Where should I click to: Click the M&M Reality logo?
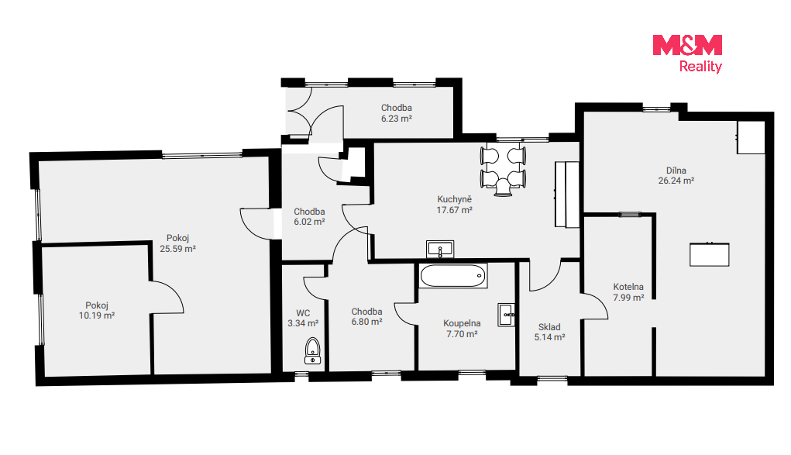tap(687, 53)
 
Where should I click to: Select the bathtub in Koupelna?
tap(453, 276)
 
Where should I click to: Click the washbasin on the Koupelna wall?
tap(507, 315)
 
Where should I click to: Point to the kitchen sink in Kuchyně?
tap(440, 250)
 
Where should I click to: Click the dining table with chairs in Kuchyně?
tap(504, 170)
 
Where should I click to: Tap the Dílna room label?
tap(676, 171)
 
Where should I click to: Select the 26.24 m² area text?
tap(676, 181)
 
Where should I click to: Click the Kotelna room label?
tap(628, 287)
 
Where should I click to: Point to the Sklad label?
tap(549, 327)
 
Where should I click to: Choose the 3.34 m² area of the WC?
tap(303, 323)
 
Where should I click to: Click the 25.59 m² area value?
tap(177, 249)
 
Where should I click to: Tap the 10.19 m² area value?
tap(97, 315)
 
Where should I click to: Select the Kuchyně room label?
tap(455, 199)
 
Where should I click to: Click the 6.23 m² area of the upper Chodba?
tap(397, 119)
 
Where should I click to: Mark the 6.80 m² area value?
tap(366, 322)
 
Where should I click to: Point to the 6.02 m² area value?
tap(309, 222)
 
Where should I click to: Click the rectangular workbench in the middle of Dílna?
tap(710, 254)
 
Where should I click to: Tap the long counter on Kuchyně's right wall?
tap(567, 195)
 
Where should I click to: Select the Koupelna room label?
tap(462, 323)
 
